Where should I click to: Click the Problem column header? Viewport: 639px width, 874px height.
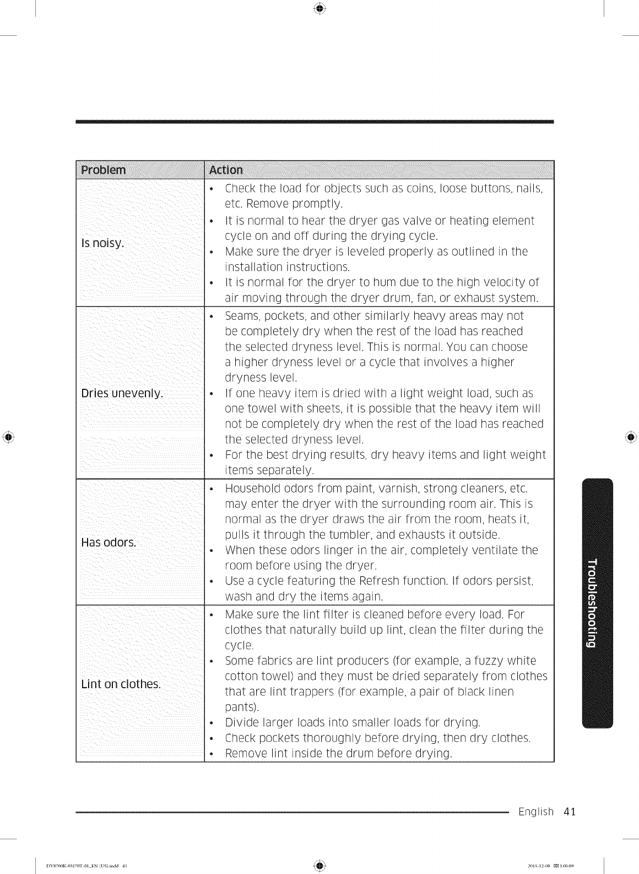104,169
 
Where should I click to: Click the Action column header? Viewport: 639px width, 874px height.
226,170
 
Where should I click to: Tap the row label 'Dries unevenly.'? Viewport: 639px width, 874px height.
122,393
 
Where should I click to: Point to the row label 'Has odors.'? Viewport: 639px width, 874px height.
109,542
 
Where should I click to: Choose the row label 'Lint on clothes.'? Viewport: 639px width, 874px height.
121,684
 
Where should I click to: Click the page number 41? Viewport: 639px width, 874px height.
569,812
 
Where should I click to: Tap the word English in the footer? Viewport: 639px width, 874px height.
536,812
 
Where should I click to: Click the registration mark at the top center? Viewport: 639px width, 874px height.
319,9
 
